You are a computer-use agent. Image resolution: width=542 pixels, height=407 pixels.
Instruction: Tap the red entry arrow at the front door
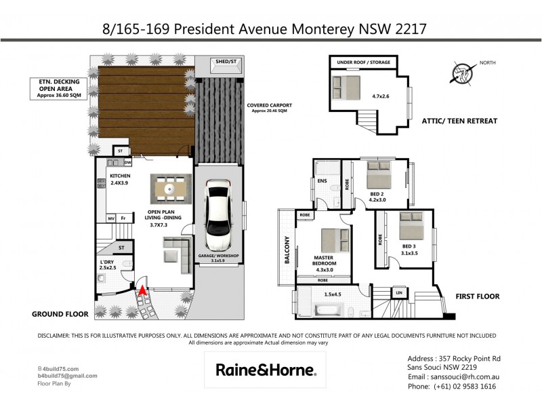point(143,292)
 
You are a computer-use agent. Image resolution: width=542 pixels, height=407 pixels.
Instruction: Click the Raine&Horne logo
point(265,370)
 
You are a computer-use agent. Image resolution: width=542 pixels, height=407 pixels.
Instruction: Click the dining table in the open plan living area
point(171,186)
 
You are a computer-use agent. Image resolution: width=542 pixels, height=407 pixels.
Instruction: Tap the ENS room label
point(322,181)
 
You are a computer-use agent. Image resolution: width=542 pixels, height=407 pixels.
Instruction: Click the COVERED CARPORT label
point(270,106)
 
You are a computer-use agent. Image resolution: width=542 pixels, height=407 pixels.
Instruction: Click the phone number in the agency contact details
point(451,386)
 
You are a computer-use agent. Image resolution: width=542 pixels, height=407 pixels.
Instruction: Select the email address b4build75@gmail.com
point(68,375)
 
